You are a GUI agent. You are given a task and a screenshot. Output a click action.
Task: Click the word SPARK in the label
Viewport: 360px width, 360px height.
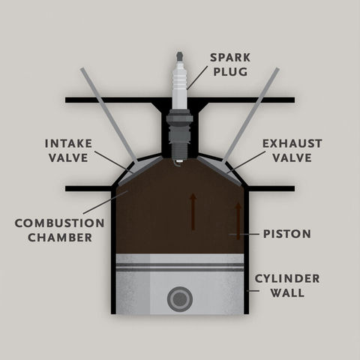tap(230, 58)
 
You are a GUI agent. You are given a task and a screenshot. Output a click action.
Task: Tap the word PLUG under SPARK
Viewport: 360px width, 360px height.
tap(230, 72)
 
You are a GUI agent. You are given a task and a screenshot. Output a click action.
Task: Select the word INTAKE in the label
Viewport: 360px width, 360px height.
tap(68, 143)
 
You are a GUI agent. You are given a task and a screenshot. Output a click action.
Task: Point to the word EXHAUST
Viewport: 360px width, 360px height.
tap(292, 143)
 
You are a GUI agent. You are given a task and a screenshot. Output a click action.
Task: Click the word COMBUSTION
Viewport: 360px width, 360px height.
tap(59, 223)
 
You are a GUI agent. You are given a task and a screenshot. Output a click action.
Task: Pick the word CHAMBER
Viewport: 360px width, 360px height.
tap(60, 238)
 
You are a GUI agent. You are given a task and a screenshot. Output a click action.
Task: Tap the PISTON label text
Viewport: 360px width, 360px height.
tap(287, 234)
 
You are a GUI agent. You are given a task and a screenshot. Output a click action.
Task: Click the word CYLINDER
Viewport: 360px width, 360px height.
tap(287, 278)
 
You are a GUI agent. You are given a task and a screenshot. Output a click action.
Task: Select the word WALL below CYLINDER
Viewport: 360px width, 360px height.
tap(287, 292)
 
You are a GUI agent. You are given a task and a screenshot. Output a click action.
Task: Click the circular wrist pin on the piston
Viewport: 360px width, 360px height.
tap(180, 299)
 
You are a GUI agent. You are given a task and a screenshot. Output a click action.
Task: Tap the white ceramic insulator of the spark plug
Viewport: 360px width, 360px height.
tap(180, 81)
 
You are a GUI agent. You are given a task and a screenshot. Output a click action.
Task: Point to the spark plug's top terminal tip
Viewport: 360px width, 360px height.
tap(179, 56)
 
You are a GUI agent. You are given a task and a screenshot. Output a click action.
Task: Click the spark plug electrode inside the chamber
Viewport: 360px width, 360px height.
tap(178, 163)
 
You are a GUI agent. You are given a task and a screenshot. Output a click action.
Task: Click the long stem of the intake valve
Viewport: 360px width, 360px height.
tap(109, 115)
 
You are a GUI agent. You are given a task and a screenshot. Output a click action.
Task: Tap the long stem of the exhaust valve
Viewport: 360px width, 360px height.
tap(250, 115)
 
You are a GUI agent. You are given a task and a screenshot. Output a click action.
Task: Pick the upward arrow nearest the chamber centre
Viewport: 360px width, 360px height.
tap(193, 211)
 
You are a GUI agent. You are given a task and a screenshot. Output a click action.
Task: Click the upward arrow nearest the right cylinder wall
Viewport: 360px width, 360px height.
tap(238, 221)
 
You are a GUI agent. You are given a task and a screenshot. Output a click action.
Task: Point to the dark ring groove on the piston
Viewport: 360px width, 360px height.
tap(180, 267)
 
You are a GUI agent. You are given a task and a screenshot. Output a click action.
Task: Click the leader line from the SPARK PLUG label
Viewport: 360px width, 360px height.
tap(197, 78)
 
